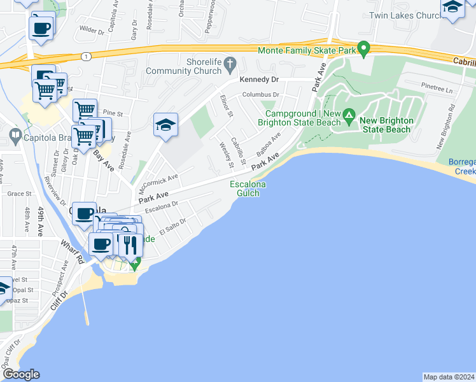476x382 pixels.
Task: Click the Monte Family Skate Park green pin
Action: pyautogui.click(x=363, y=48)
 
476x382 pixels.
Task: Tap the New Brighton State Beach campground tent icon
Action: pyautogui.click(x=349, y=116)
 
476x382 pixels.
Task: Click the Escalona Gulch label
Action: pyautogui.click(x=248, y=188)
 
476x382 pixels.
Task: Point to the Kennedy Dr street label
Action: pyautogui.click(x=259, y=80)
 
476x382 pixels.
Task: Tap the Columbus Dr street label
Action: pyautogui.click(x=260, y=95)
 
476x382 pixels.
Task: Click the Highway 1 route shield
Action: pyautogui.click(x=86, y=56)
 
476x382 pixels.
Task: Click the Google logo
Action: pyautogui.click(x=20, y=374)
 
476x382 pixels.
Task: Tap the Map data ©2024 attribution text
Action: pyautogui.click(x=449, y=377)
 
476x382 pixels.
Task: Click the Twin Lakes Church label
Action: pyautogui.click(x=405, y=15)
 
